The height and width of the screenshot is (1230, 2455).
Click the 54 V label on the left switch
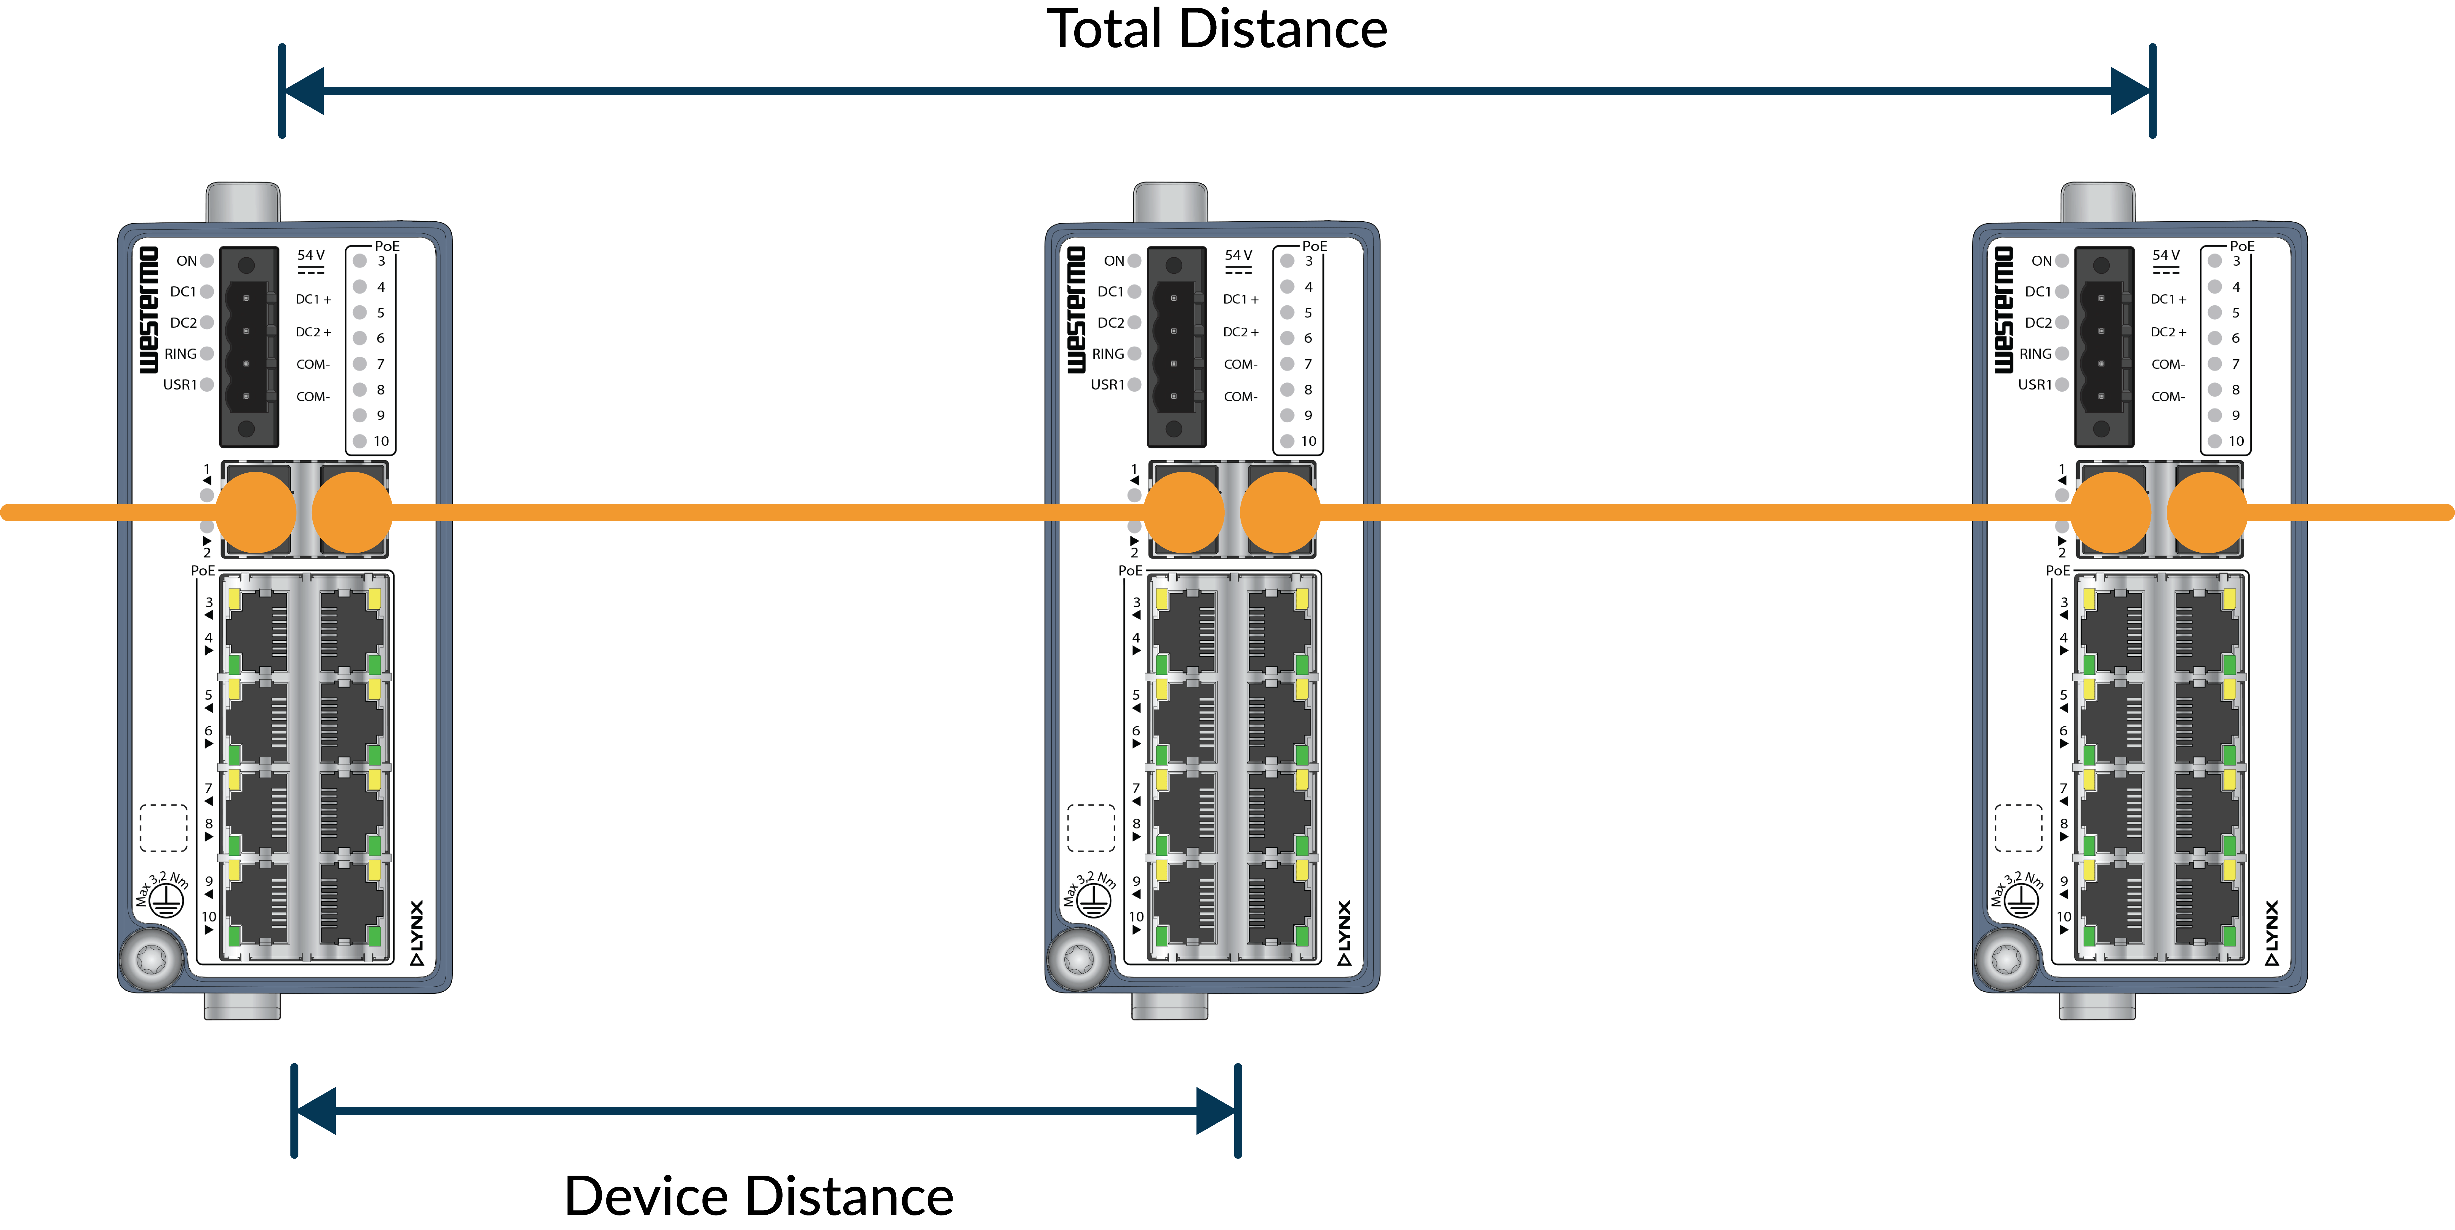(311, 255)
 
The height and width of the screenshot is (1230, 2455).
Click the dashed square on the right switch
(2018, 827)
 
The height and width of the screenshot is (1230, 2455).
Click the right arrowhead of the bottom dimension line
(1216, 1111)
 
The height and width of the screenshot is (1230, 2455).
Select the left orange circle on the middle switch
(1184, 513)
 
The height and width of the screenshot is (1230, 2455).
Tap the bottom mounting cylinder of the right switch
(2097, 1006)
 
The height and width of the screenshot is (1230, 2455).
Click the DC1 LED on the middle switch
(1134, 292)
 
